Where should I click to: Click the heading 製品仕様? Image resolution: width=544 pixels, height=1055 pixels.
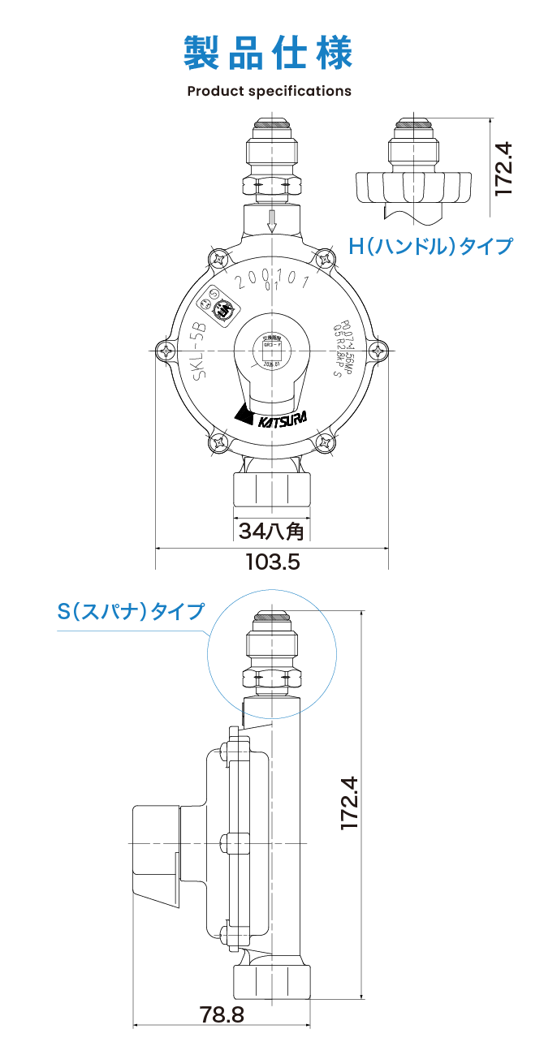tap(269, 53)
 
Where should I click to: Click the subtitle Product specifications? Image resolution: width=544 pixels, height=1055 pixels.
tap(269, 91)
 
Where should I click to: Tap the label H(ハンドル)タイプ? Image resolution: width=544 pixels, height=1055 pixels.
tap(430, 245)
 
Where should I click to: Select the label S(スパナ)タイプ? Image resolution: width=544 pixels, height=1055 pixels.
tap(131, 610)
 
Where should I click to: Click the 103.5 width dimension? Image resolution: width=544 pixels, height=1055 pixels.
tap(273, 561)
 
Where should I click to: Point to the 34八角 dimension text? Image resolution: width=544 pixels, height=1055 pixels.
tap(272, 531)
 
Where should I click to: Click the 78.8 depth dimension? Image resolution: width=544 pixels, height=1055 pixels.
tap(222, 1014)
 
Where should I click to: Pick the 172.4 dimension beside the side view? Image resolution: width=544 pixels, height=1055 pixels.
tap(348, 803)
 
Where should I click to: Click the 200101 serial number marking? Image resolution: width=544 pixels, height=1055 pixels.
tap(271, 281)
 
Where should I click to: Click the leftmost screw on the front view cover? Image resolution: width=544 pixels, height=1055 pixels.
tap(167, 351)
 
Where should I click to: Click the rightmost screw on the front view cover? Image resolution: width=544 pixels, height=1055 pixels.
tap(378, 351)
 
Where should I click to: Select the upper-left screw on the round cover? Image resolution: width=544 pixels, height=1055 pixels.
tap(219, 259)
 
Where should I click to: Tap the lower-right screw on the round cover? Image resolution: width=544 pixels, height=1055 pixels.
tap(325, 442)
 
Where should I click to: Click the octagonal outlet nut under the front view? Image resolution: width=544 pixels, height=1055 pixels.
tap(272, 493)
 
